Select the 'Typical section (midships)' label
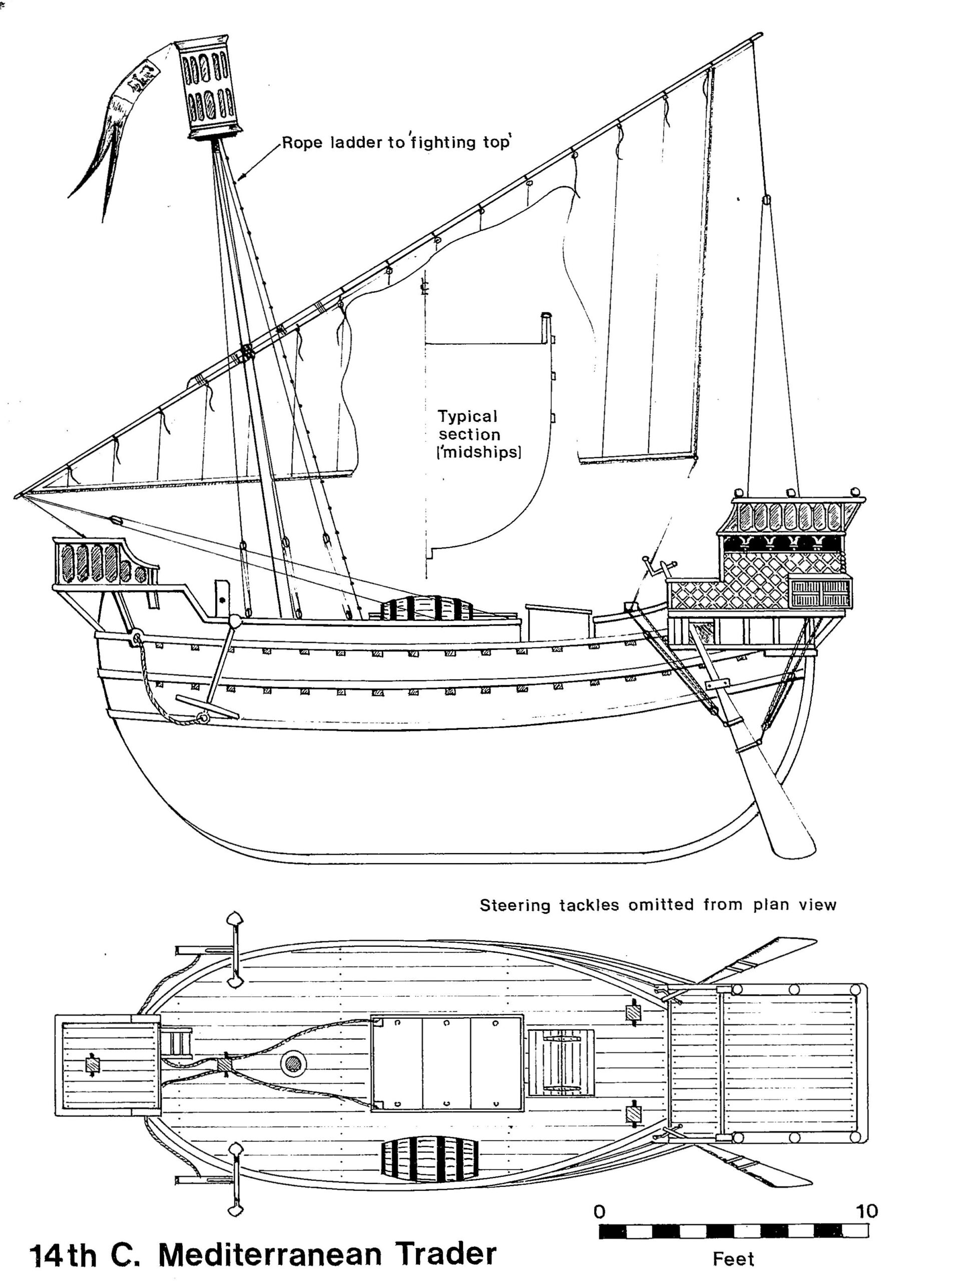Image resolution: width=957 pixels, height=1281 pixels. click(469, 434)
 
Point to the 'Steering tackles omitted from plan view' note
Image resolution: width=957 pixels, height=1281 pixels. click(658, 905)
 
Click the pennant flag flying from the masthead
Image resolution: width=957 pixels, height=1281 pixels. click(122, 116)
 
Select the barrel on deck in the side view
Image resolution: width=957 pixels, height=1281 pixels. click(426, 610)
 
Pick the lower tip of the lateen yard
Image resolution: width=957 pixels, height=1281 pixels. click(19, 496)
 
